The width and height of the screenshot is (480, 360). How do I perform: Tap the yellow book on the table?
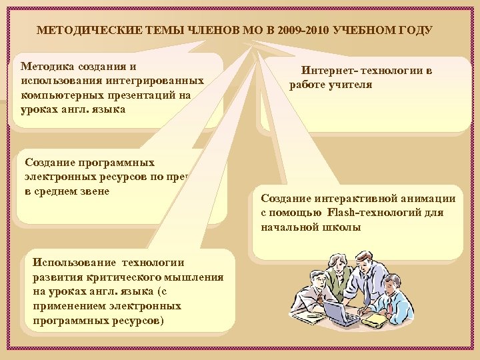coord(375,321)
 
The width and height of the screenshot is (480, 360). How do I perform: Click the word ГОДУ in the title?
coord(415,31)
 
